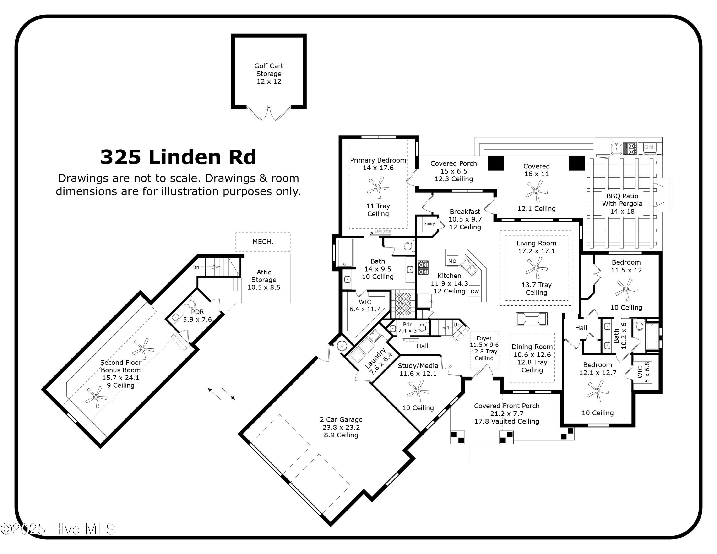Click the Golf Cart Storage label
pyautogui.click(x=269, y=70)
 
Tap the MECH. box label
pyautogui.click(x=263, y=242)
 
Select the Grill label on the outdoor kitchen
pyautogui.click(x=649, y=147)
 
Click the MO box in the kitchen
pyautogui.click(x=452, y=261)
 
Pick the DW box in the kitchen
pyautogui.click(x=475, y=291)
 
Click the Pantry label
pyautogui.click(x=429, y=224)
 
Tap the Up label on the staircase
pyautogui.click(x=457, y=325)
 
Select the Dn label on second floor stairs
pyautogui.click(x=196, y=267)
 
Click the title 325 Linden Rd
pyautogui.click(x=178, y=157)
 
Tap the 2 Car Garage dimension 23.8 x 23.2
pyautogui.click(x=341, y=427)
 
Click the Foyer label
pyautogui.click(x=484, y=338)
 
